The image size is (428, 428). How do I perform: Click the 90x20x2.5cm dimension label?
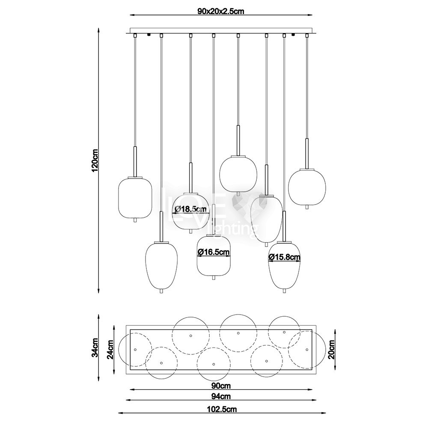click(220, 11)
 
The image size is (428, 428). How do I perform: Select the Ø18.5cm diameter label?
click(191, 209)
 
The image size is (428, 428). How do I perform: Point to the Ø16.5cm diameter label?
click(214, 252)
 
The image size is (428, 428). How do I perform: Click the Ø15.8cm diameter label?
click(285, 257)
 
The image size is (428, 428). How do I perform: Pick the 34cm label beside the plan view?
click(95, 348)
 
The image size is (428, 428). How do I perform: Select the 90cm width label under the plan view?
click(221, 386)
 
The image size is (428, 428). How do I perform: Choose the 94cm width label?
click(221, 396)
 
